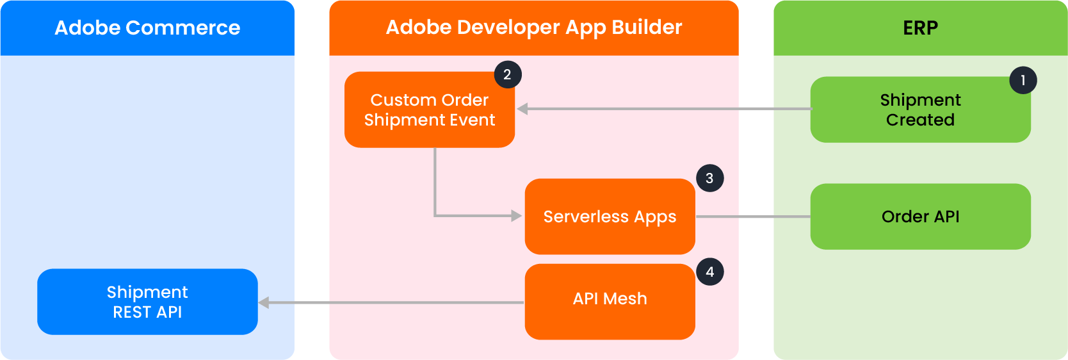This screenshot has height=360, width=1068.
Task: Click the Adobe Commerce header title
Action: (147, 28)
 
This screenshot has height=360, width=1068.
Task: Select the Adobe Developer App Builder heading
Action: (534, 28)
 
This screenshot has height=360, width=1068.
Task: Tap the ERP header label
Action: (920, 28)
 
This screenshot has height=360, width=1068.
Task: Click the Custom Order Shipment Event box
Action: (430, 110)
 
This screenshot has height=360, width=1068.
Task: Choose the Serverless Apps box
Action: (610, 217)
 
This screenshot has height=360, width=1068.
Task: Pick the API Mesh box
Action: (610, 302)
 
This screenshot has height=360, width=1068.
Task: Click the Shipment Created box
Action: (921, 110)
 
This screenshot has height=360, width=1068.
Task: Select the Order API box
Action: (921, 217)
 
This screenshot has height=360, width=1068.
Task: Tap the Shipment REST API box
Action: (147, 302)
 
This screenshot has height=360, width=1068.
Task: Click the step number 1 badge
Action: (1023, 80)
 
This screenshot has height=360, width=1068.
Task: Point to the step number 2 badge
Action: (507, 74)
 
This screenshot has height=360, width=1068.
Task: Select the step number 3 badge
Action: (709, 178)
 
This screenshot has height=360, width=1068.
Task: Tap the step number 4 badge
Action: (709, 272)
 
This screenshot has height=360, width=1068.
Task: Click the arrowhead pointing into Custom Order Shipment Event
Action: (522, 109)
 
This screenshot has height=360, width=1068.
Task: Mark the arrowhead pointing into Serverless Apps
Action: (516, 216)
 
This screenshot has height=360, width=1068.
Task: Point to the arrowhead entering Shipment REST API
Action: (264, 302)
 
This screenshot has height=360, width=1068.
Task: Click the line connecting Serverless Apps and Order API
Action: (754, 217)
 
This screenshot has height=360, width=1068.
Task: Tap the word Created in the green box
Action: (920, 120)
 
